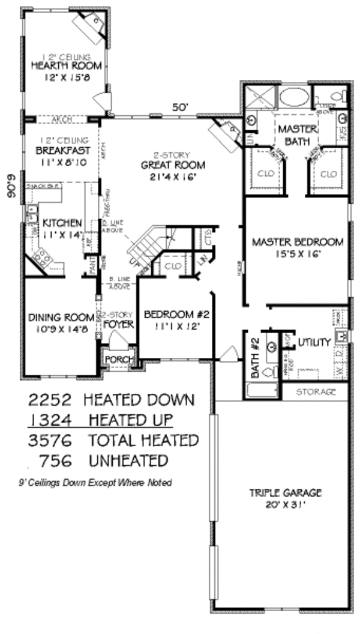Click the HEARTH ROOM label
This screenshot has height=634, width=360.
point(66,65)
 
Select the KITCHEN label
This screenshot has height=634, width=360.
point(62,223)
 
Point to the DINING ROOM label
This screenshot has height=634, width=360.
point(62,317)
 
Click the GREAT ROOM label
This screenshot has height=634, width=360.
point(173,165)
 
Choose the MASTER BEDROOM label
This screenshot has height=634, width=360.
point(298,242)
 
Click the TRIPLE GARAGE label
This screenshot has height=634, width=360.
point(286,493)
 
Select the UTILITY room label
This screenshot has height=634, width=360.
point(314,342)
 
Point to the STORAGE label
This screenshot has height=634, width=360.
point(322,392)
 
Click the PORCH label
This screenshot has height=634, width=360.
point(118,359)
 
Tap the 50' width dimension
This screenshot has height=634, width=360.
point(181,107)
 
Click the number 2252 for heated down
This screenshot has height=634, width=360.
point(52,399)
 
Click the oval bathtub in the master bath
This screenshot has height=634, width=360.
point(295,97)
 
